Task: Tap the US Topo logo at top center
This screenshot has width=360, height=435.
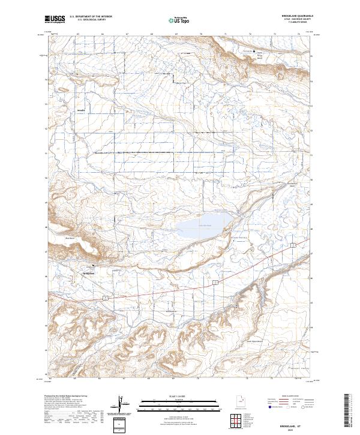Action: (x=179, y=20)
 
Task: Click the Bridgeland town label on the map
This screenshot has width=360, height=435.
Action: (x=89, y=273)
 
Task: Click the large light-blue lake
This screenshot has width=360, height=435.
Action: (x=201, y=226)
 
